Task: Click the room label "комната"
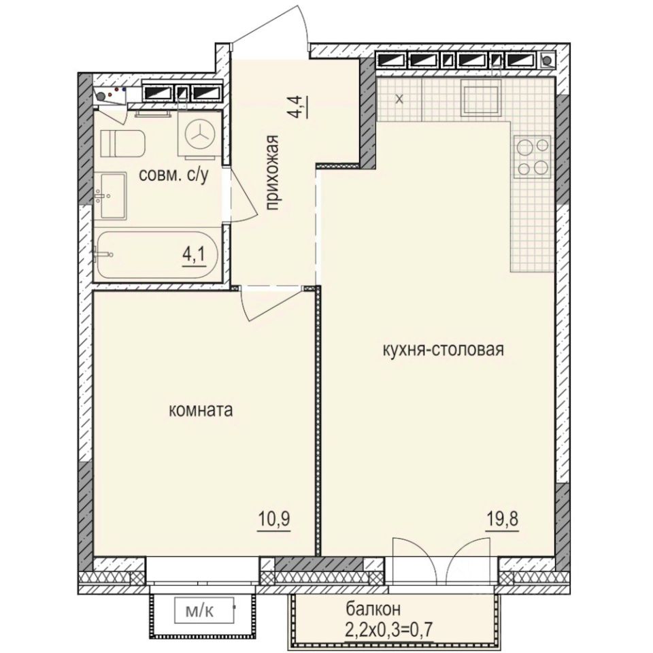tap(201, 410)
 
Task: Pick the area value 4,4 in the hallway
tap(299, 107)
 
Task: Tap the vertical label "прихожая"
tap(273, 173)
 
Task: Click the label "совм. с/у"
tap(172, 175)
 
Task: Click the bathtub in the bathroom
tap(157, 256)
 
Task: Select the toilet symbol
tap(122, 143)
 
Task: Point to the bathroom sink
tap(110, 196)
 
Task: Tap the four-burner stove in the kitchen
tap(532, 156)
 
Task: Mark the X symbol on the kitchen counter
tap(399, 99)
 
